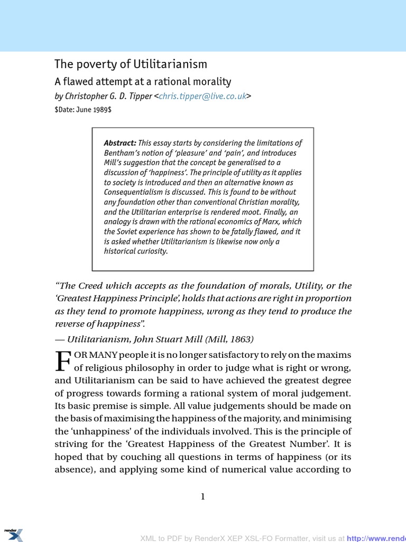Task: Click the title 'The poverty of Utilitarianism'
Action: (131, 64)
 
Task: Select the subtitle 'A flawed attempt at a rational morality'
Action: (143, 82)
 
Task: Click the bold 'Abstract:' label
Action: (120, 143)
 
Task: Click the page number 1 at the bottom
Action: (202, 496)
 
